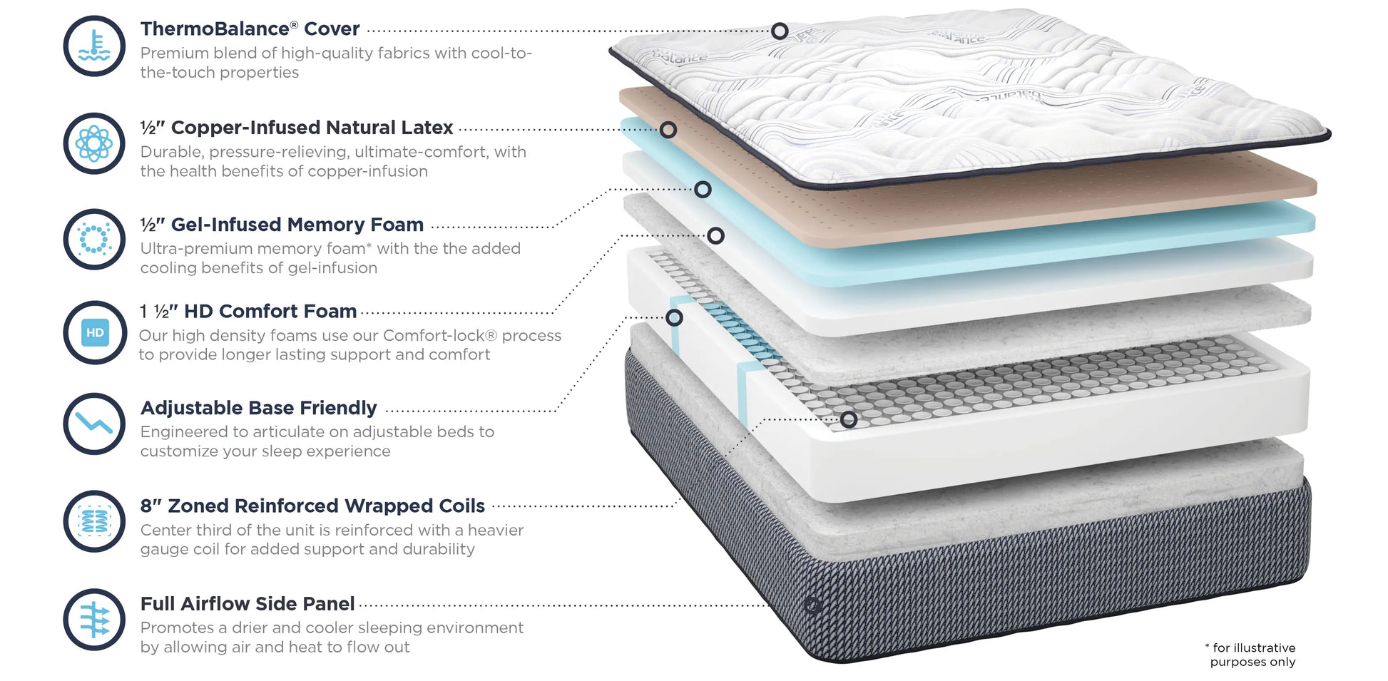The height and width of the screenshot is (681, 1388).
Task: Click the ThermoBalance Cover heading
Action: coord(250,29)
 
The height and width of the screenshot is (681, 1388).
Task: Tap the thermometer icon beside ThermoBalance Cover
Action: coord(94,46)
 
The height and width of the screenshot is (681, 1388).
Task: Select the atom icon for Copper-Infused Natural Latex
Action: coord(94,143)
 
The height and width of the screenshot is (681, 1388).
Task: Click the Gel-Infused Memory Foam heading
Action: coord(282,225)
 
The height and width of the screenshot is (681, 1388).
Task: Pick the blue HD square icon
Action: coord(95,332)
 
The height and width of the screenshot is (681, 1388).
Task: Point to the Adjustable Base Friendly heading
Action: coord(258,408)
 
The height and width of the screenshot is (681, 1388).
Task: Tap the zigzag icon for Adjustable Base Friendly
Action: coord(94,424)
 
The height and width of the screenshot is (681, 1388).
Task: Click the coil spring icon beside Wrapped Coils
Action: coord(94,521)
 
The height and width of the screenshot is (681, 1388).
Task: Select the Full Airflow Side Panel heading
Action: coord(247,604)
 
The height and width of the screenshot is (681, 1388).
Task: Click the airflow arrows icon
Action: coord(94,619)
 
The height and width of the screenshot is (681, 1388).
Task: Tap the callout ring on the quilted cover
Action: coord(780,31)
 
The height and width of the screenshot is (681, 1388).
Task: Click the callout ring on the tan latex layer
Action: coord(668,130)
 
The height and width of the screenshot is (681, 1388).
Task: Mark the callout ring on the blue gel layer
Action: coord(703,190)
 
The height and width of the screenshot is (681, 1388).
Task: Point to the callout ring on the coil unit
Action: coord(848,419)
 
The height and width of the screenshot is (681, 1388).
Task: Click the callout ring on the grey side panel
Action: coord(812,605)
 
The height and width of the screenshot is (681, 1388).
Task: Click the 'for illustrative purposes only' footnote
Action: coord(1252,655)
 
